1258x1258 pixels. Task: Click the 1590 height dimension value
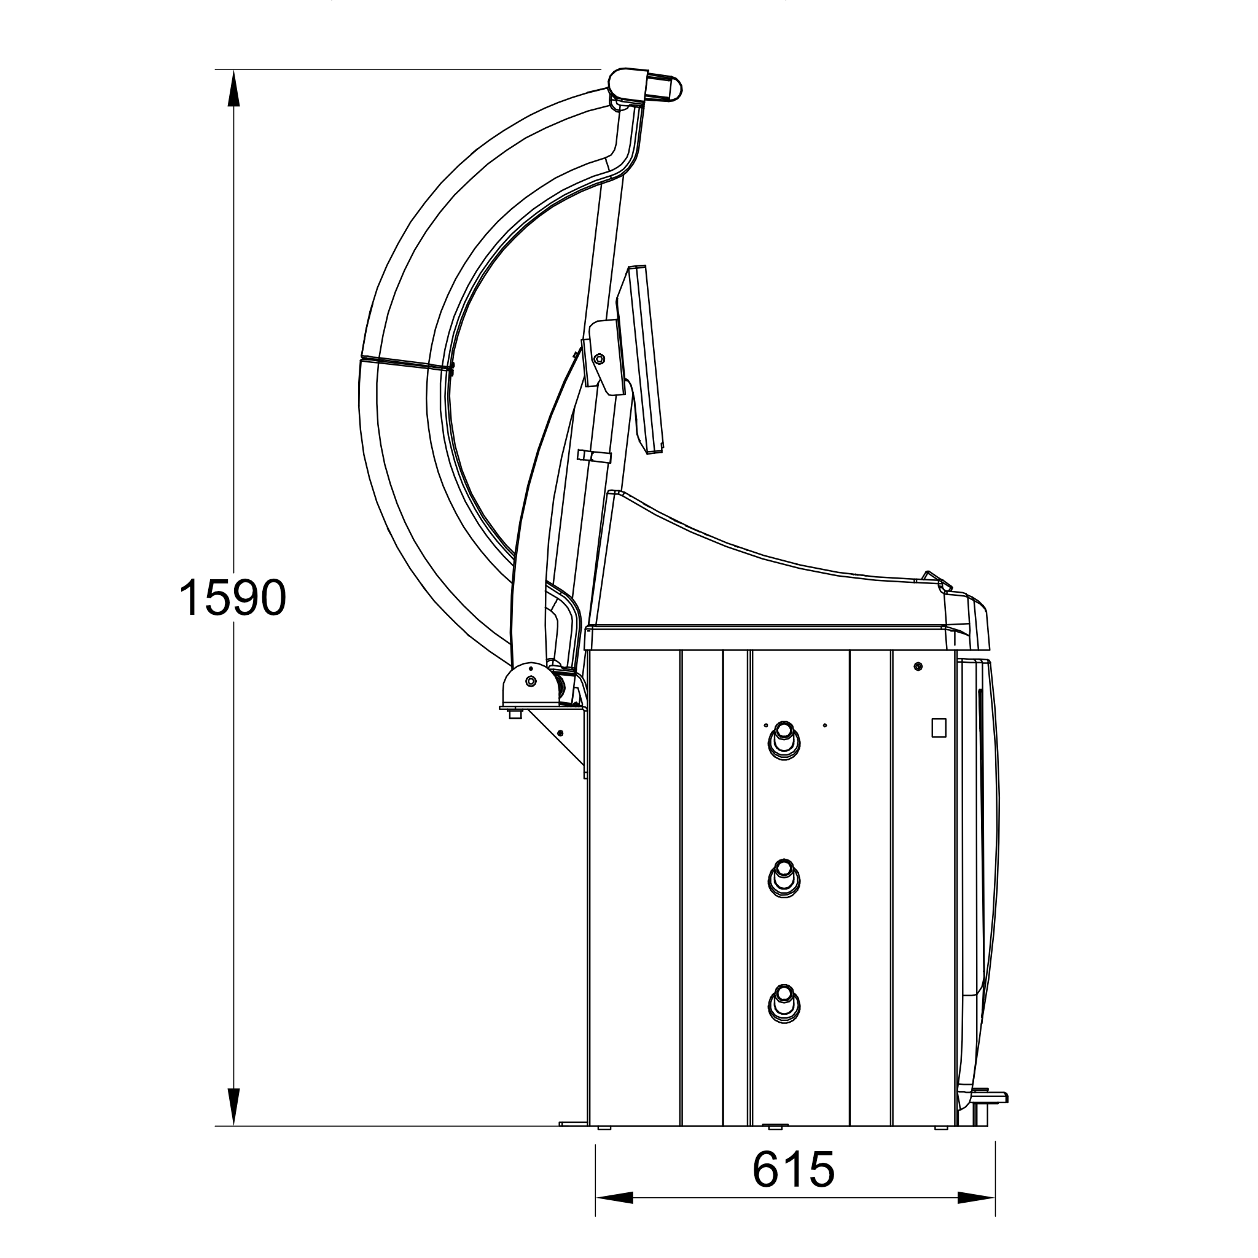232,597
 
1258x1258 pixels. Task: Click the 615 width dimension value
793,1169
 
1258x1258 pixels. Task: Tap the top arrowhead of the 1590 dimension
233,88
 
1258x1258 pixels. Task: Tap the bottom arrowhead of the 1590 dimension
233,1106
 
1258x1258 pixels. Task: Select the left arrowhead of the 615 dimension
614,1197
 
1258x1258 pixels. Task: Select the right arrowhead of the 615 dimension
977,1197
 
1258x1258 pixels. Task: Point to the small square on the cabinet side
939,727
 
